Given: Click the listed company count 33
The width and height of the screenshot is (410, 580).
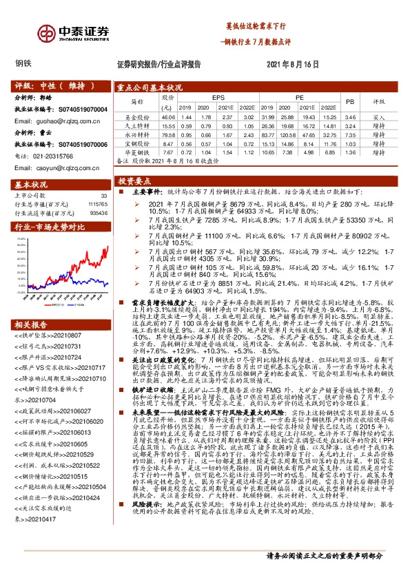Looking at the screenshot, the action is (x=104, y=196).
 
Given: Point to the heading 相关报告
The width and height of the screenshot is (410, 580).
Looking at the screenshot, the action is (x=31, y=305).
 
